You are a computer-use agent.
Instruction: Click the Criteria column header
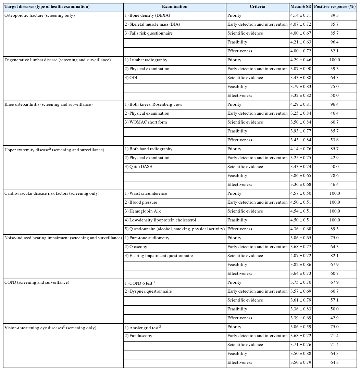(257, 7)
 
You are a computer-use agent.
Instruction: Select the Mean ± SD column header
(300, 7)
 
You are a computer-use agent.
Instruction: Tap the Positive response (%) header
(335, 7)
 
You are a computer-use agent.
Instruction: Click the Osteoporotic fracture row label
(39, 15)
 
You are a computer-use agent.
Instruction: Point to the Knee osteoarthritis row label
(48, 104)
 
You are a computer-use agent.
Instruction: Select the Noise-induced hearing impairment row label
(63, 238)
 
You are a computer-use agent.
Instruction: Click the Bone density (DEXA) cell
(147, 15)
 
